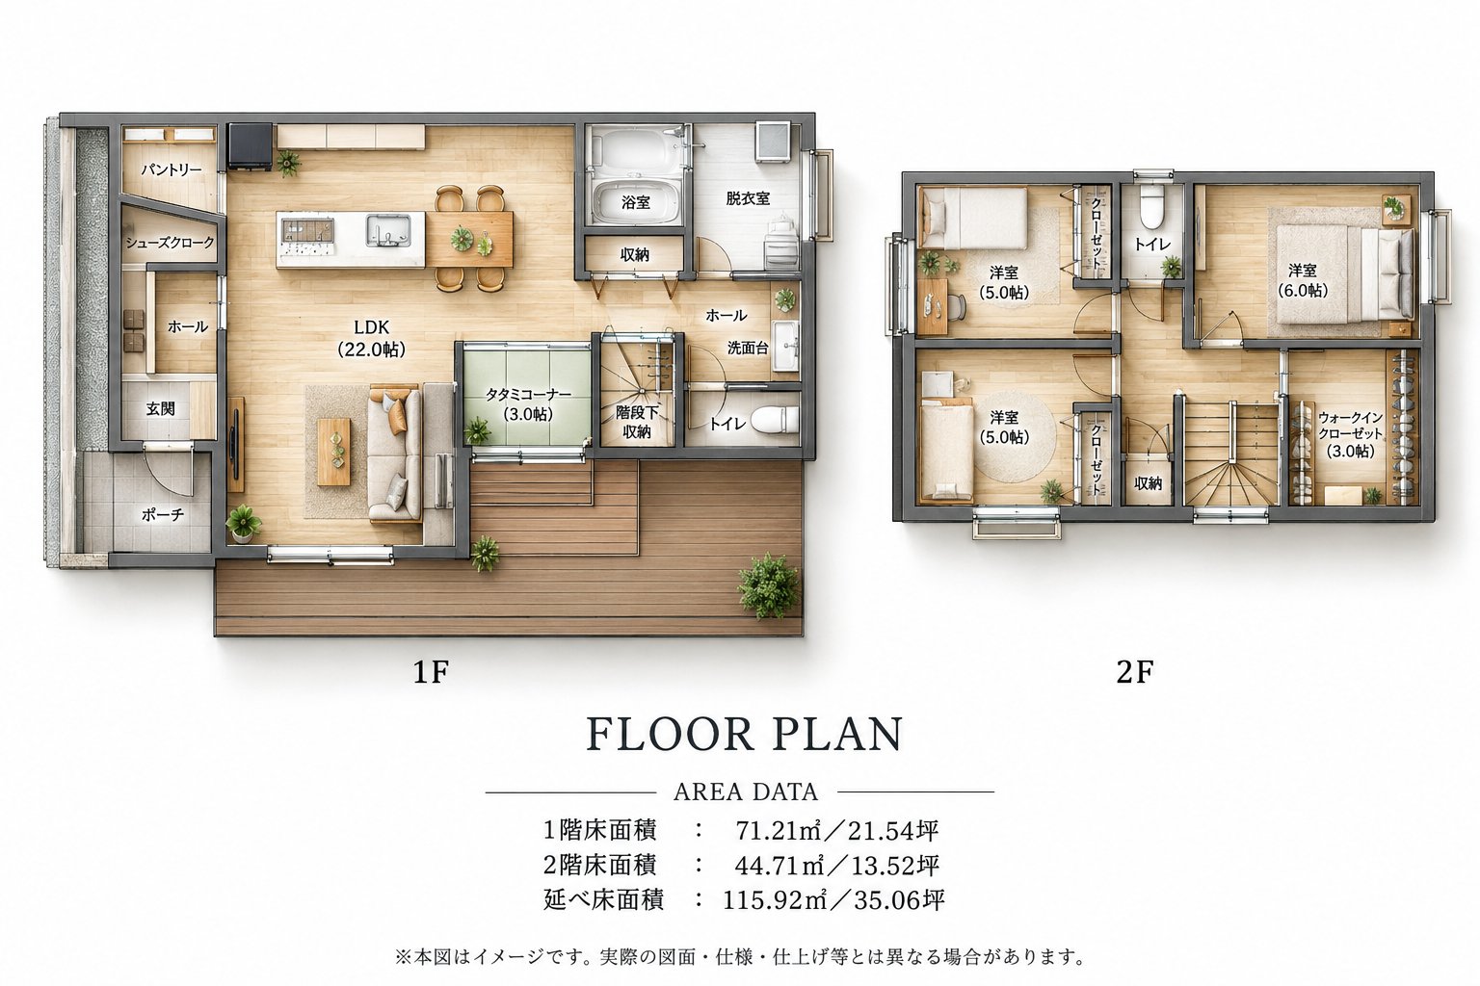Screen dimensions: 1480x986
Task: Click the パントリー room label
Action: coord(172,169)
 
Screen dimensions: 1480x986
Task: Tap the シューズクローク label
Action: coord(170,243)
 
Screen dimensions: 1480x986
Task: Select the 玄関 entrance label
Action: coord(161,409)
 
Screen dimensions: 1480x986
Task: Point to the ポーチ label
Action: coord(163,514)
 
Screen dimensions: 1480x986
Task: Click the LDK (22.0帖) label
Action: coord(371,338)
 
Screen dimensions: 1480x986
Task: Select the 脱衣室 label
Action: coord(748,198)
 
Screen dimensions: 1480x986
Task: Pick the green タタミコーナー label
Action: coord(528,404)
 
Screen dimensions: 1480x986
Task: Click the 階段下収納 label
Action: coord(637,422)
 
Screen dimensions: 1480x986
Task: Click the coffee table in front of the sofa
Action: coord(334,452)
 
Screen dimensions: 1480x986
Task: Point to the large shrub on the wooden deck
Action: coord(768,585)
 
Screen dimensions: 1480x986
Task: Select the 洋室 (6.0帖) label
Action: coord(1303,280)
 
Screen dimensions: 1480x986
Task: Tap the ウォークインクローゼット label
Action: coord(1351,434)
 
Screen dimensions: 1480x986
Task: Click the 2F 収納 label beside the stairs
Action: coord(1148,483)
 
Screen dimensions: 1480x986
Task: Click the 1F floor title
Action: coord(431,672)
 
